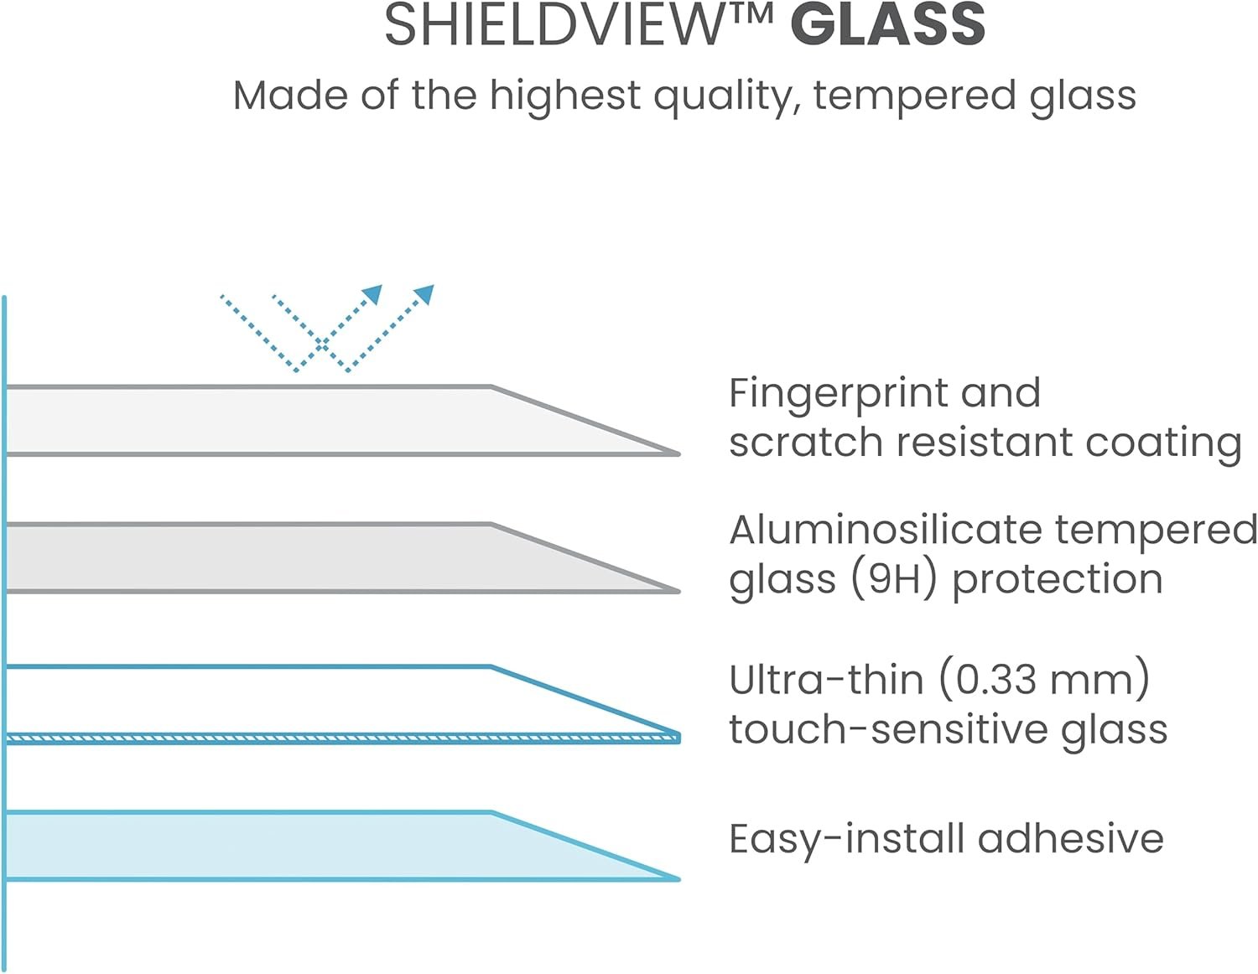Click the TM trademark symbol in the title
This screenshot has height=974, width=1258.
[x=750, y=15]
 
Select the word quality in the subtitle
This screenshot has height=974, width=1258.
[x=721, y=96]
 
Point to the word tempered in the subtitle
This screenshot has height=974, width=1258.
[x=915, y=96]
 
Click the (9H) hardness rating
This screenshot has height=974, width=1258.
[x=892, y=579]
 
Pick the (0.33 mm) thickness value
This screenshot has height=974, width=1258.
[x=1043, y=679]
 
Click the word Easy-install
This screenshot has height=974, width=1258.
[x=847, y=839]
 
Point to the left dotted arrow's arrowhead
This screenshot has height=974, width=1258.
[x=373, y=294]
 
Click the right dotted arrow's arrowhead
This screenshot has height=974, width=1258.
[x=425, y=294]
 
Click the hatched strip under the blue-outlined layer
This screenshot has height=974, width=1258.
[x=335, y=738]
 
